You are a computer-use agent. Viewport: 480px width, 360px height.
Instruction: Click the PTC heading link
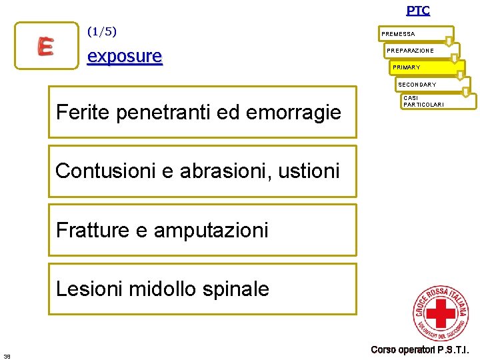coord(418,10)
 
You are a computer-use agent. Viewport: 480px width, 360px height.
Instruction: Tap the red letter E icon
coord(45,45)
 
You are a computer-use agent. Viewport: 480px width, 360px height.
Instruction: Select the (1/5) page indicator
coord(102,31)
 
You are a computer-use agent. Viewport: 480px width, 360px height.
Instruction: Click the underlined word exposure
coord(125,56)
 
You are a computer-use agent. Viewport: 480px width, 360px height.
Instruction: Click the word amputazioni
coord(211,230)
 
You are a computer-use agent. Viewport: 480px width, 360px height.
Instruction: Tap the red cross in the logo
coord(440,313)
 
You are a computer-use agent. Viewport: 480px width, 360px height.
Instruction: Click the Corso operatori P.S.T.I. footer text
coord(420,349)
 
